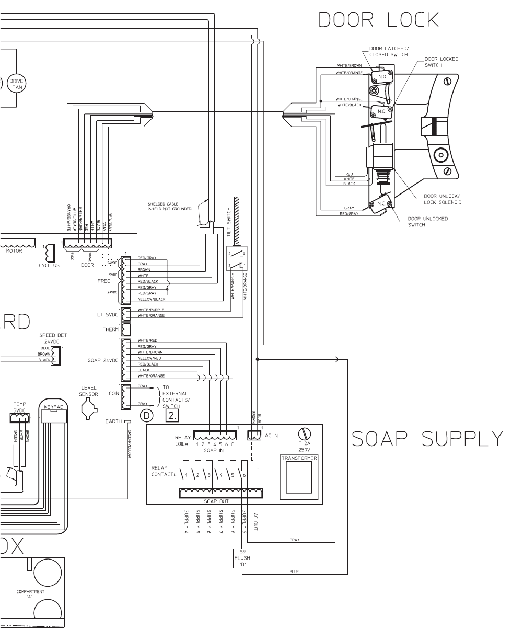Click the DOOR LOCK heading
point(378,19)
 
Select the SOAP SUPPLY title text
point(427,437)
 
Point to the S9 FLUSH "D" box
point(242,558)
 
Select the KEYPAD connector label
point(54,406)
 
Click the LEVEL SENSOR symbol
point(89,411)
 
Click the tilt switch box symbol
point(237,258)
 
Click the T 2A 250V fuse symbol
point(304,433)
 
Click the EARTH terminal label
point(113,421)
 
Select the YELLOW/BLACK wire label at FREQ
point(152,299)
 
